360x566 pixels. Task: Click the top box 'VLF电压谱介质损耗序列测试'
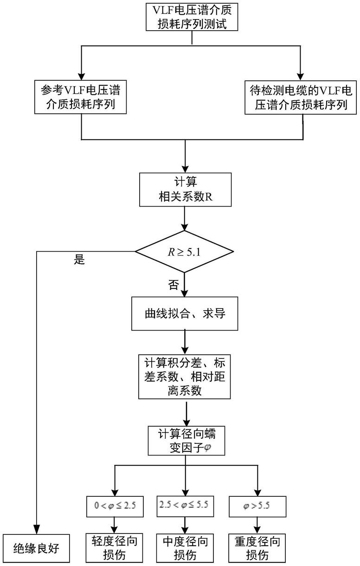[192, 17]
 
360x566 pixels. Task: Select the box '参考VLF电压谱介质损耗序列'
[81, 97]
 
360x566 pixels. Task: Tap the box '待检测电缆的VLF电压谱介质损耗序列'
[301, 98]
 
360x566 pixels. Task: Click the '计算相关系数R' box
[185, 189]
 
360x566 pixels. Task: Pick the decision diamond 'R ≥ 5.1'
[184, 252]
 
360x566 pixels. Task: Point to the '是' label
[79, 260]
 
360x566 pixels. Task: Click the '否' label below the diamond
[174, 285]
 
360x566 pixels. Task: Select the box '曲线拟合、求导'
[185, 313]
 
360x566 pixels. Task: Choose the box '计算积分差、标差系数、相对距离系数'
[184, 377]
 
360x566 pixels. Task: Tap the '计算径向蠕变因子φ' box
[186, 441]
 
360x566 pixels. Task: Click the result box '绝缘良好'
[36, 548]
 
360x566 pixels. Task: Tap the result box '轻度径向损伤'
[115, 548]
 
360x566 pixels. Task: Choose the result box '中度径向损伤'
[185, 548]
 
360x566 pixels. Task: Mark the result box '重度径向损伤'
[257, 548]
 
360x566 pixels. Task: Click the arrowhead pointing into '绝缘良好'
[37, 530]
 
